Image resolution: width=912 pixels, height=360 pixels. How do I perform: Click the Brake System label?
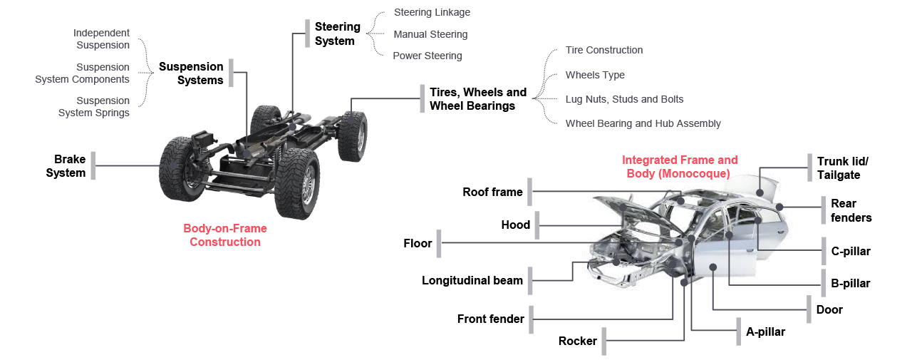coord(66,166)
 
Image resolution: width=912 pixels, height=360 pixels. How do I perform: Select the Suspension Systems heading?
coord(191,73)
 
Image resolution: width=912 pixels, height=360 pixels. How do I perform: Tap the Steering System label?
coord(337,34)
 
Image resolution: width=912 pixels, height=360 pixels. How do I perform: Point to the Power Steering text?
coord(427,56)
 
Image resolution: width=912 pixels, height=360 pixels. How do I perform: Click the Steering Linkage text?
coord(432,12)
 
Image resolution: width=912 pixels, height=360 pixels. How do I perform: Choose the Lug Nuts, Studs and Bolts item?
coord(624,99)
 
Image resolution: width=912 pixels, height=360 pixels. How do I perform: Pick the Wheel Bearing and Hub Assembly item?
coord(643,123)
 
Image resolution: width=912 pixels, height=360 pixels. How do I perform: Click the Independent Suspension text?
coord(101,39)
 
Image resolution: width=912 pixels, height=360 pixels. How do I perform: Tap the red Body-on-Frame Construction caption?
coord(225,235)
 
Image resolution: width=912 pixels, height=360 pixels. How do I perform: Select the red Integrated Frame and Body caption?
coord(680,167)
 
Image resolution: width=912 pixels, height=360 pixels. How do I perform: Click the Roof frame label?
coord(492,192)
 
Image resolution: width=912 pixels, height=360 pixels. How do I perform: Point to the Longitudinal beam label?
coord(472,280)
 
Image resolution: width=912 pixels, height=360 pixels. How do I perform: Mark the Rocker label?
coord(577,341)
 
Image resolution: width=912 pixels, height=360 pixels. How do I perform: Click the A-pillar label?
coord(765,331)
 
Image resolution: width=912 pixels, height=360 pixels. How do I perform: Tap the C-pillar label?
coord(851,251)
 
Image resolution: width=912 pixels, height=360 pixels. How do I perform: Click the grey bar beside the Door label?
coord(809,309)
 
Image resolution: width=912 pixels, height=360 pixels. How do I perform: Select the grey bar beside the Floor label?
coord(440,244)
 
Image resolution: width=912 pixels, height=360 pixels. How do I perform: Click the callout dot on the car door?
coord(713,267)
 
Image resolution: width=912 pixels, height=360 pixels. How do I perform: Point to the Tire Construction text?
coord(604,50)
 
